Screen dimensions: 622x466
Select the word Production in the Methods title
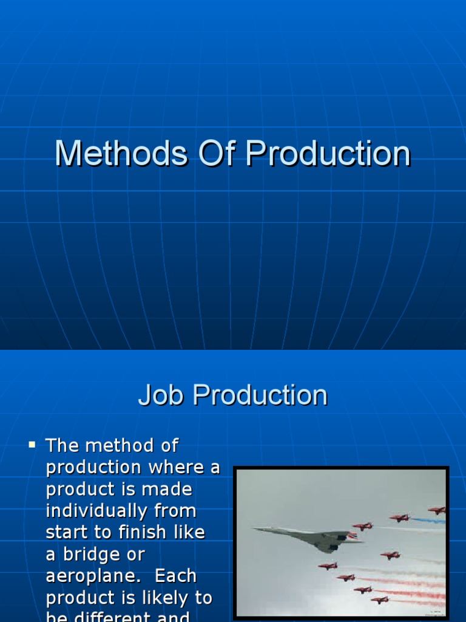tap(328, 154)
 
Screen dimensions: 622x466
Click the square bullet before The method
tap(32, 445)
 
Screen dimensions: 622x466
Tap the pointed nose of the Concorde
tap(255, 528)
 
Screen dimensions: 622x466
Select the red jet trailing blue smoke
tap(399, 518)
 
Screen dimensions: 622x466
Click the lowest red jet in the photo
tap(380, 600)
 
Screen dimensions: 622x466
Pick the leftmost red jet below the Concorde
tap(328, 566)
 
